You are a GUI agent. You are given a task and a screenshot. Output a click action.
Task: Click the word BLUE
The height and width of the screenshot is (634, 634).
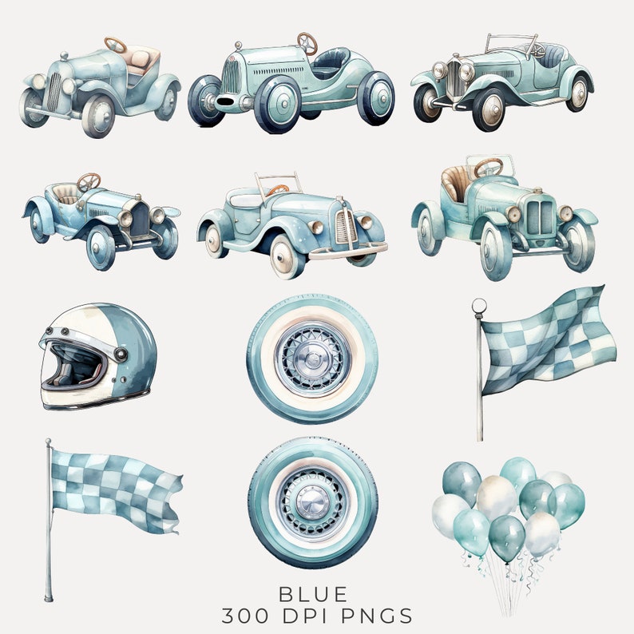(x=313, y=594)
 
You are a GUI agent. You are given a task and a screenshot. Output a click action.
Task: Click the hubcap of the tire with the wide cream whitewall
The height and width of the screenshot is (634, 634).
(x=313, y=357)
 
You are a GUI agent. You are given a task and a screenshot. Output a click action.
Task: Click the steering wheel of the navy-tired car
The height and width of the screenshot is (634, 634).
(x=307, y=42)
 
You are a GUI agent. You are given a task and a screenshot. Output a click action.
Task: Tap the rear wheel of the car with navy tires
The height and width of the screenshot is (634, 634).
(x=375, y=98)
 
